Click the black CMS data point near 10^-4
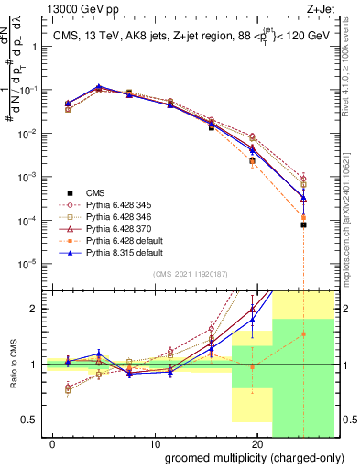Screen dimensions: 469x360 tap(303, 224)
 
